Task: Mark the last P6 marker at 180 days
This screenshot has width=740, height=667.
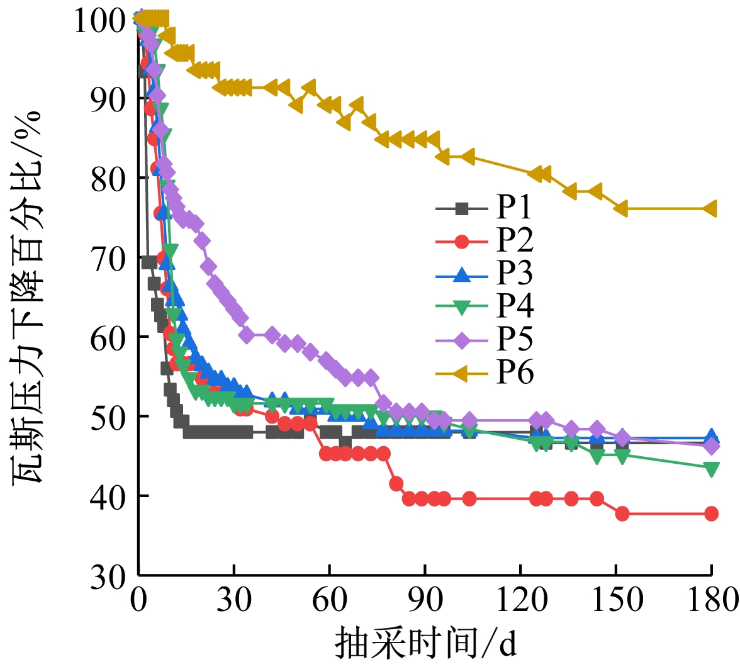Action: [x=711, y=209]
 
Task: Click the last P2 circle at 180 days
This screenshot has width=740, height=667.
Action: [x=711, y=513]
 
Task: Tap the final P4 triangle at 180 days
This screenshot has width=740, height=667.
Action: [x=711, y=469]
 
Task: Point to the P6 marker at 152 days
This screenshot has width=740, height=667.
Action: [x=622, y=209]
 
